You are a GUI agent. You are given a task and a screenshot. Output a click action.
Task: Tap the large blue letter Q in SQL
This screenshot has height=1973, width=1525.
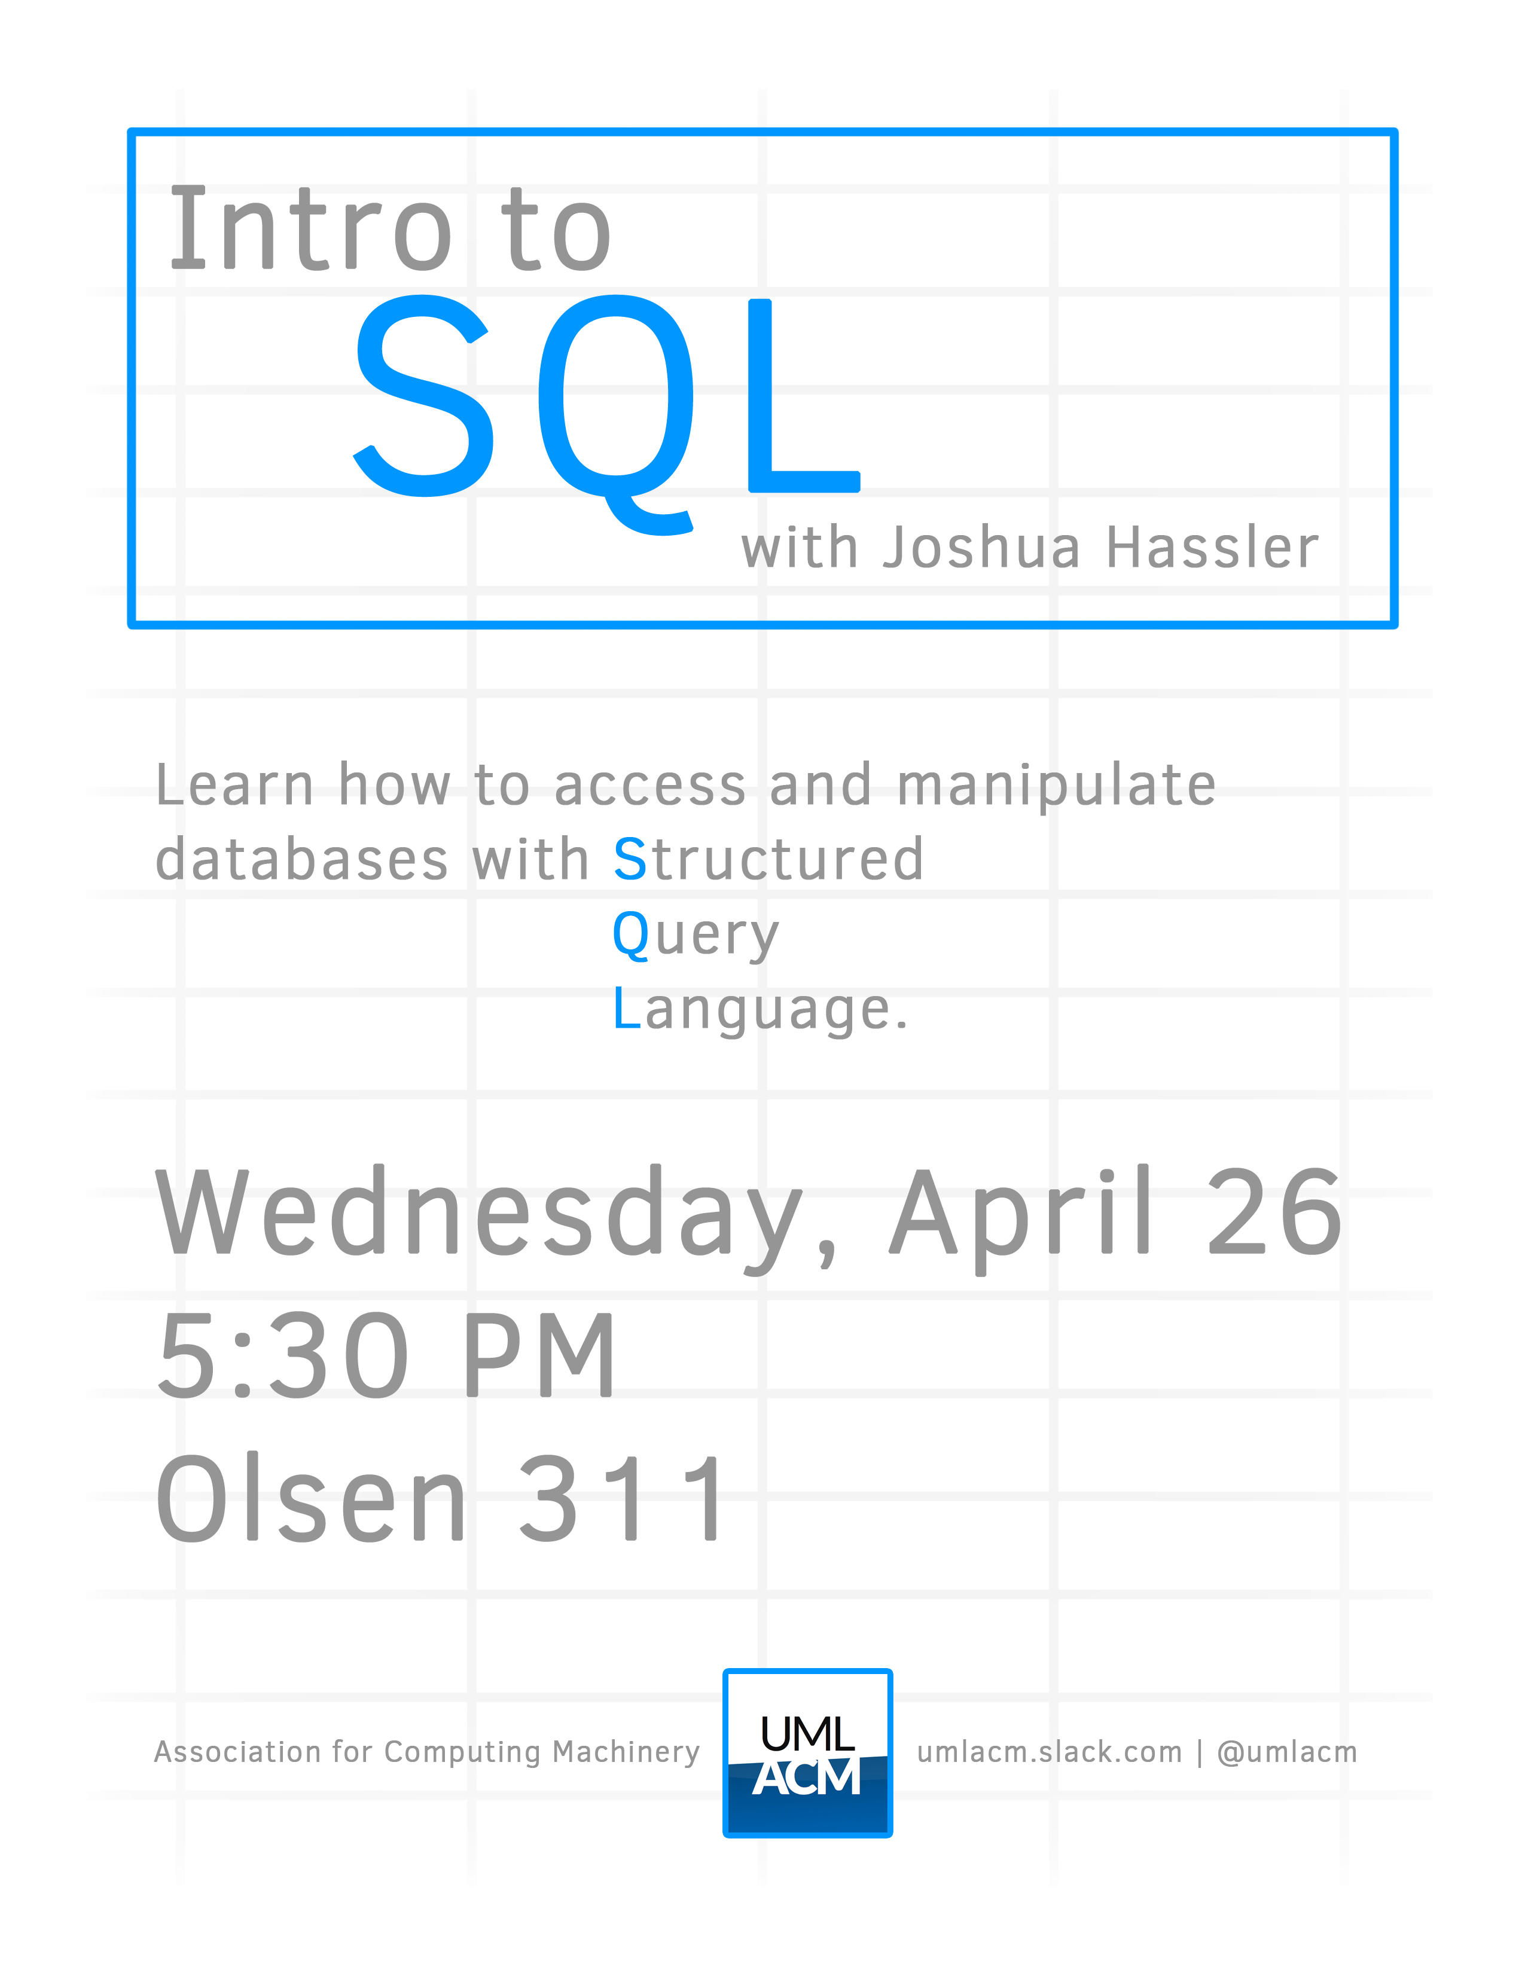[616, 414]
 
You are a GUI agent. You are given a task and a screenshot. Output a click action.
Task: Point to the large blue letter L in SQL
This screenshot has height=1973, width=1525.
[804, 396]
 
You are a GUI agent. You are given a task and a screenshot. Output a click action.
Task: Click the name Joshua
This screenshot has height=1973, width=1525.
[981, 548]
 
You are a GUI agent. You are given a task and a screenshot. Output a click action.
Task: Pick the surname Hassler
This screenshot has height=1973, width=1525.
[1212, 548]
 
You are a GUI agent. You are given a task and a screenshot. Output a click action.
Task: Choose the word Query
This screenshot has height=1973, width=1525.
[695, 936]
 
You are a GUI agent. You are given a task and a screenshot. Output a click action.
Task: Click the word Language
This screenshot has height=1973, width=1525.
[760, 1010]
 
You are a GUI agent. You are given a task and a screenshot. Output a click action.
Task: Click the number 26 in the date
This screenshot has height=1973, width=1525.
[1275, 1211]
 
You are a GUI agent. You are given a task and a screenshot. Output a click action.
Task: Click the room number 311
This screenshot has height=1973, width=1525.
[621, 1497]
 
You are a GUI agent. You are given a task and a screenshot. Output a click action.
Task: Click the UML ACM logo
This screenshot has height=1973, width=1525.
[808, 1752]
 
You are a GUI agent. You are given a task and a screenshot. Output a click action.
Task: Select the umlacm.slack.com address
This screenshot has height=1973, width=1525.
[1050, 1752]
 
